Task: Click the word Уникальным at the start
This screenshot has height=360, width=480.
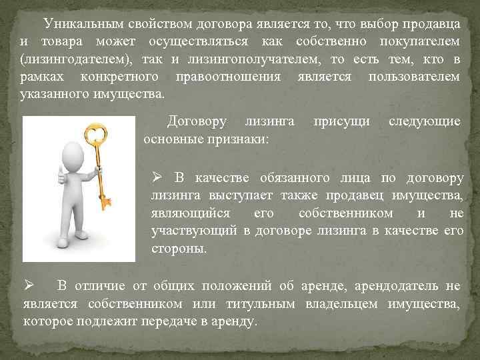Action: (x=79, y=25)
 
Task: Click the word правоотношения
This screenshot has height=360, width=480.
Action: (x=225, y=77)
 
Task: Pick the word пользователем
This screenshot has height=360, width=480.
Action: (x=414, y=77)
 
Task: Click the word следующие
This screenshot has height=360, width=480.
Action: (x=425, y=122)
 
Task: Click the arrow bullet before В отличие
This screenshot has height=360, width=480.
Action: (x=28, y=287)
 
